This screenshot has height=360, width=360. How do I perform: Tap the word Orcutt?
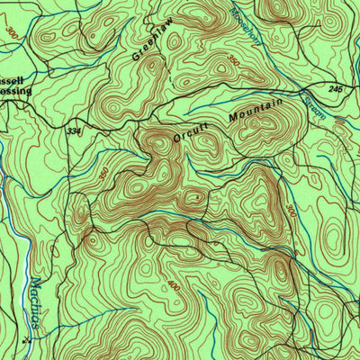[191, 132]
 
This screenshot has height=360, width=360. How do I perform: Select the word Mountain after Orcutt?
[256, 112]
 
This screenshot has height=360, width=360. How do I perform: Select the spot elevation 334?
[73, 131]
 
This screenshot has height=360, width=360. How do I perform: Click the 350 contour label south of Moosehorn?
[234, 60]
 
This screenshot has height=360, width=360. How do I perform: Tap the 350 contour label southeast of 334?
[104, 172]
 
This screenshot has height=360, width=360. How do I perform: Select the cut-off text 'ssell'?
[16, 80]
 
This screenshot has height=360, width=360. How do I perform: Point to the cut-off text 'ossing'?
[16, 90]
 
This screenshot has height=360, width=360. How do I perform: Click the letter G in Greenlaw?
[137, 56]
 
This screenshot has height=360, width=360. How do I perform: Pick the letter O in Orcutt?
[177, 139]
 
